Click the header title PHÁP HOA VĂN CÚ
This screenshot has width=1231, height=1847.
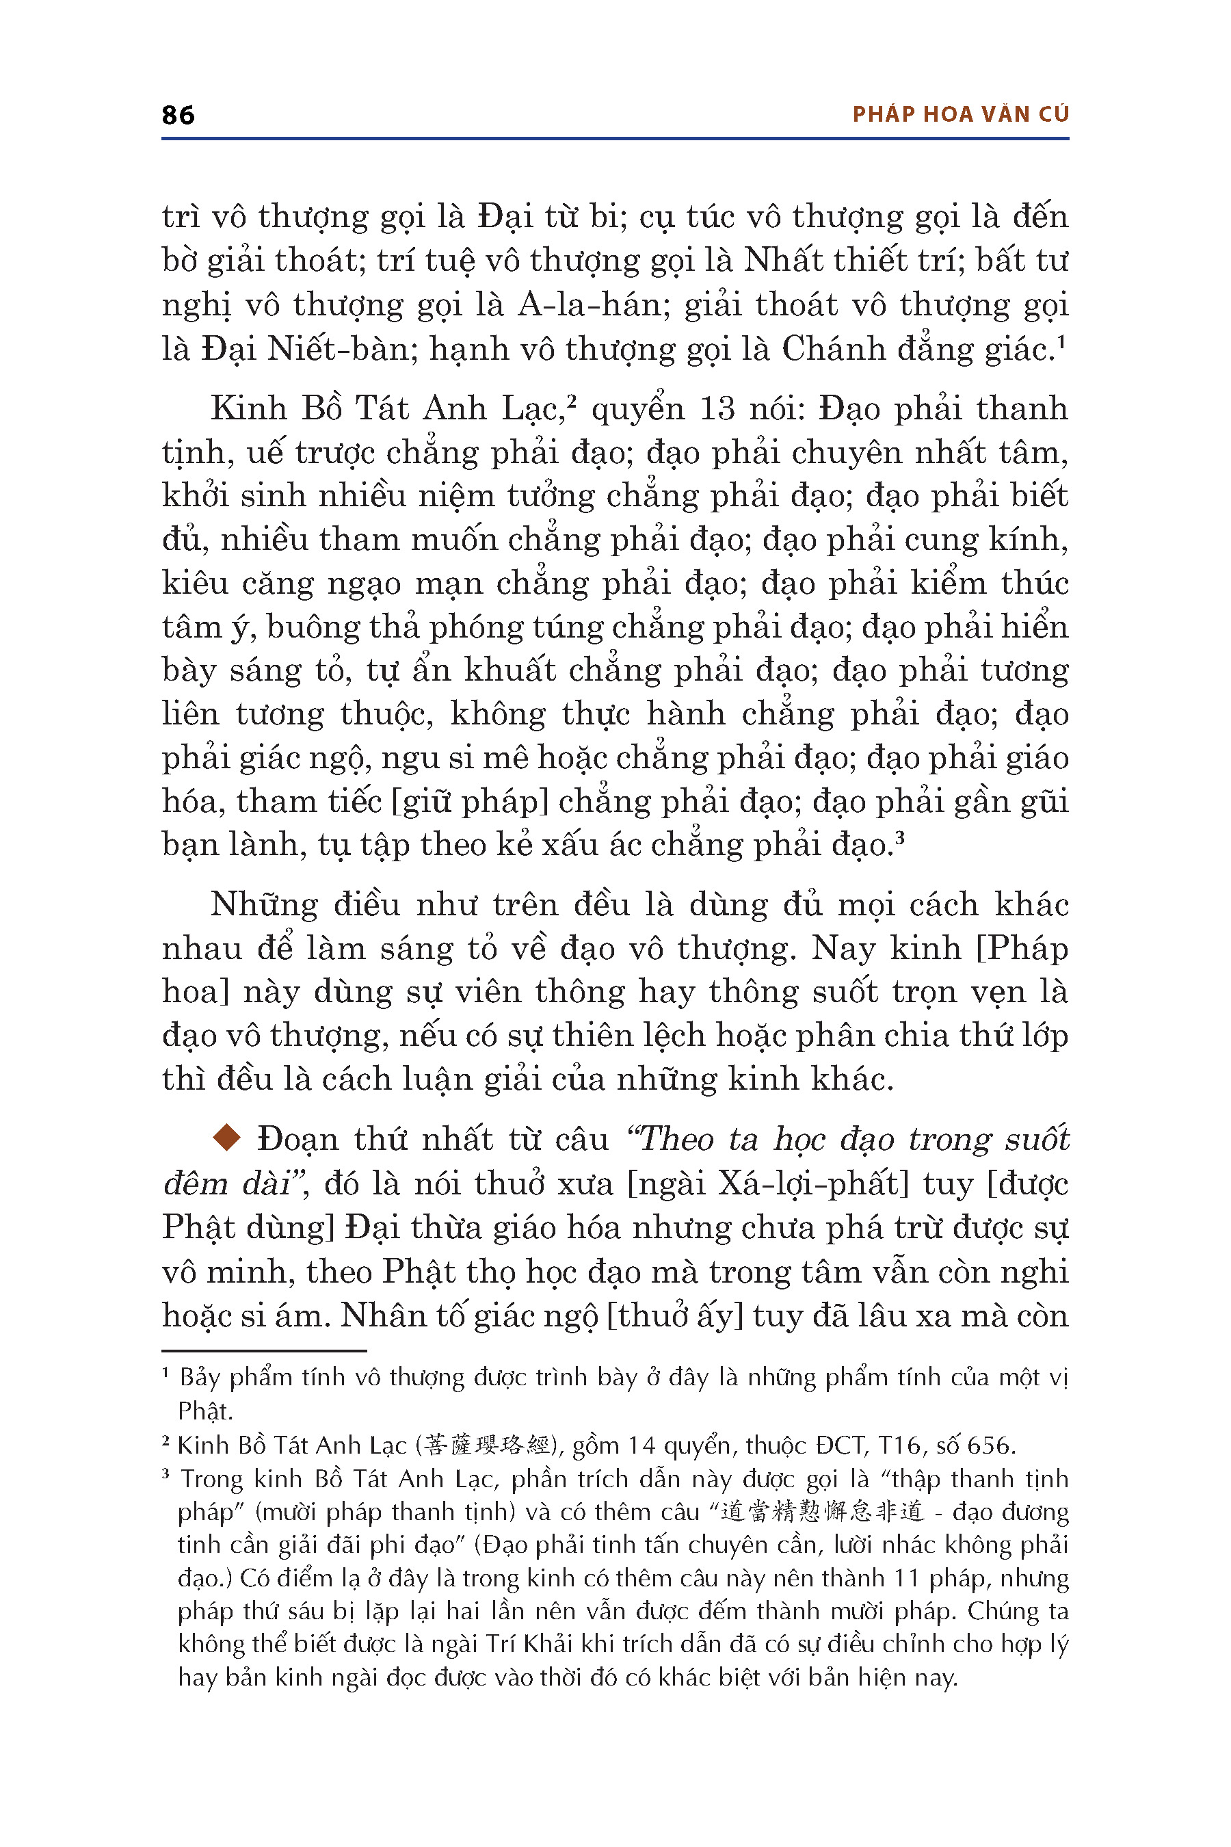[x=960, y=115]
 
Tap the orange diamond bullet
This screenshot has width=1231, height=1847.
[x=227, y=1138]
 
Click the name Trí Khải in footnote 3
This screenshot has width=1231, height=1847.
[x=531, y=1644]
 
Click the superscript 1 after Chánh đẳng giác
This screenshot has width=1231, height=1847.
[x=1061, y=343]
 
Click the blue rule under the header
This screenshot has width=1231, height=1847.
[x=615, y=139]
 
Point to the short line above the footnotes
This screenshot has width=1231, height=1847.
[x=264, y=1350]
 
